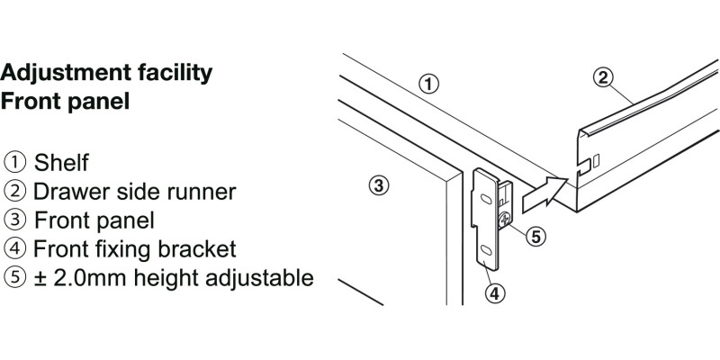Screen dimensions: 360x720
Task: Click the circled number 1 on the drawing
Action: click(x=430, y=85)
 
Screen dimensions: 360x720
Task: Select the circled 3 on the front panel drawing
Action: click(x=379, y=186)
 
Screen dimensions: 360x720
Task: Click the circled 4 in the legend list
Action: click(x=15, y=249)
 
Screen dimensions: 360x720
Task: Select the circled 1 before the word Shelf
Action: click(x=15, y=163)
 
